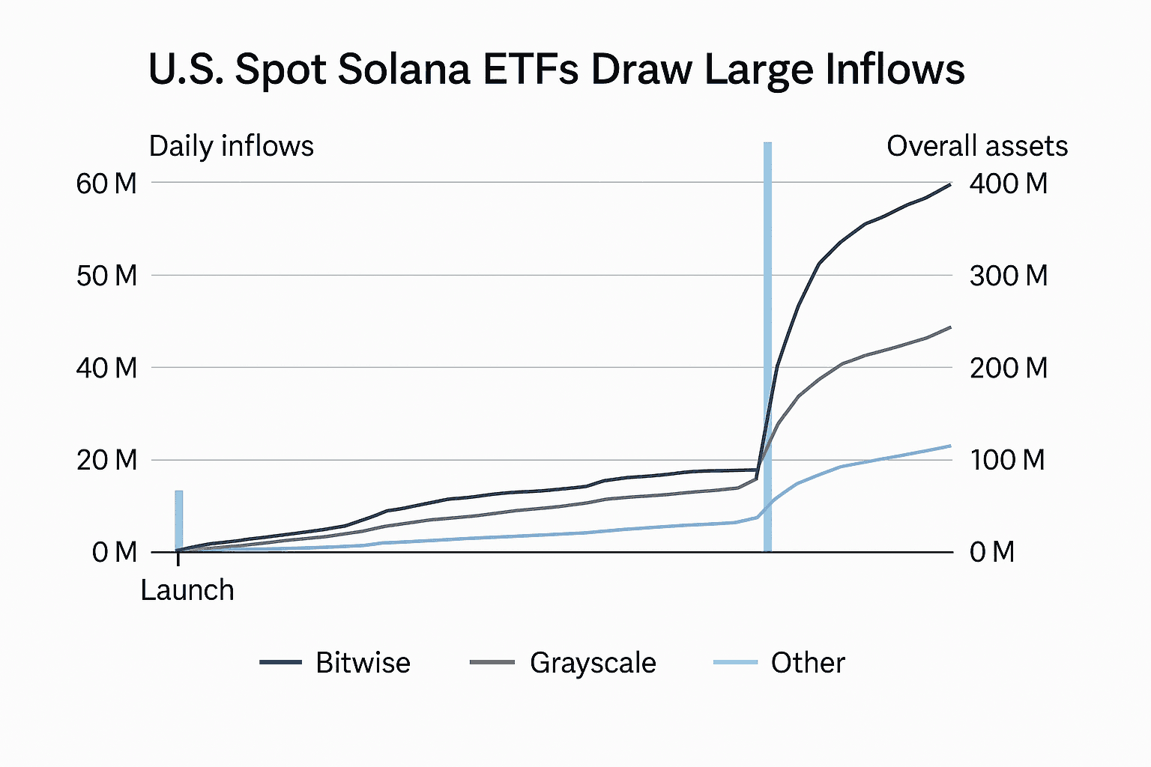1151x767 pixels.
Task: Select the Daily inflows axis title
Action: pyautogui.click(x=232, y=146)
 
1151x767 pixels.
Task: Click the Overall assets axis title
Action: pyautogui.click(x=977, y=146)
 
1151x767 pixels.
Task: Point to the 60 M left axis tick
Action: pyautogui.click(x=106, y=184)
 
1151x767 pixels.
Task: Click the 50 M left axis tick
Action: pyautogui.click(x=106, y=276)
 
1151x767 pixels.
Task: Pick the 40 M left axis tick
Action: pyautogui.click(x=106, y=368)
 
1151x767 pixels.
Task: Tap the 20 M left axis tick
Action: pyautogui.click(x=106, y=460)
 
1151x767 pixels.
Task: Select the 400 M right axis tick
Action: pyautogui.click(x=1009, y=184)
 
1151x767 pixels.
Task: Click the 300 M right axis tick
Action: pyautogui.click(x=1009, y=276)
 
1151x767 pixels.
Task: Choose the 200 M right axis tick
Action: pyautogui.click(x=1009, y=368)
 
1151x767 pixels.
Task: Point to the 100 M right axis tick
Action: pyautogui.click(x=1007, y=460)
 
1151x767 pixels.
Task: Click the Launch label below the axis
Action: pyautogui.click(x=187, y=590)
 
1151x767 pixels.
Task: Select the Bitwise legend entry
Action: pyautogui.click(x=363, y=663)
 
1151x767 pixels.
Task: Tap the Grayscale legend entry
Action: pyautogui.click(x=593, y=663)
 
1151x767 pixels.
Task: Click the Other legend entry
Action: pyautogui.click(x=808, y=663)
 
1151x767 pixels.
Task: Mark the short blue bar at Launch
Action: pyautogui.click(x=179, y=521)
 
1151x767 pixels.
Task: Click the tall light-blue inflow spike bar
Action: pyautogui.click(x=767, y=345)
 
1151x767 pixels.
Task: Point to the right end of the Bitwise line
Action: pyautogui.click(x=949, y=184)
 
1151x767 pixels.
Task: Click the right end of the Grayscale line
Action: pyautogui.click(x=949, y=327)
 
